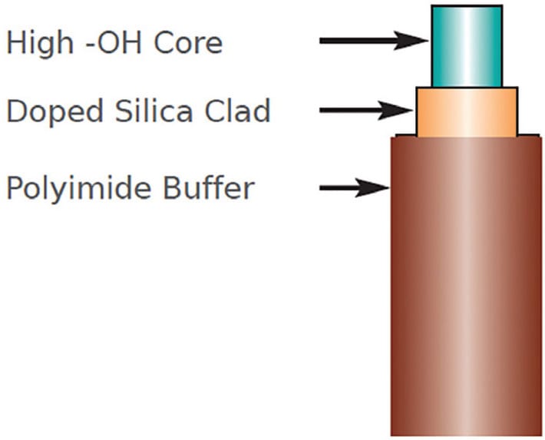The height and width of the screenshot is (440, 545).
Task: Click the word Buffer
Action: coord(208,187)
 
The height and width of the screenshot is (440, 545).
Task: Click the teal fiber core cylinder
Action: coord(467,46)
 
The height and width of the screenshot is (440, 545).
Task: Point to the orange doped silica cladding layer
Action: coord(467,112)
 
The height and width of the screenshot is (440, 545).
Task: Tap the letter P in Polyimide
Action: coord(15,187)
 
